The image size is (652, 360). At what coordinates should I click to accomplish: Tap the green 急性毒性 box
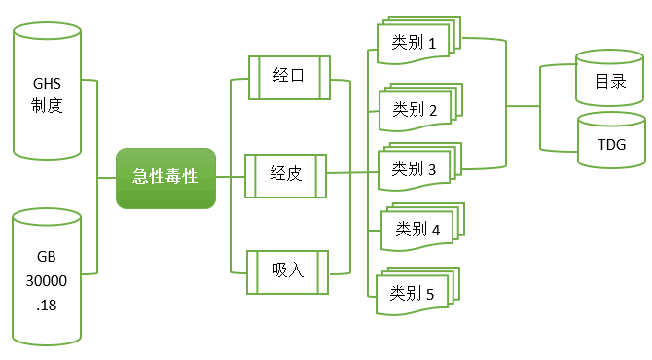click(x=164, y=177)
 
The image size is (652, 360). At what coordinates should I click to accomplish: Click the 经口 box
click(x=289, y=77)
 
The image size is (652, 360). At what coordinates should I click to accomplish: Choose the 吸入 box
click(x=288, y=270)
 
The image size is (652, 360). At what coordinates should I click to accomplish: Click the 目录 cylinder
click(x=610, y=82)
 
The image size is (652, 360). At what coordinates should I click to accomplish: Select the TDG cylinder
click(x=610, y=146)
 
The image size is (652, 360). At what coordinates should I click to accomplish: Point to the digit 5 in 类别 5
click(x=443, y=292)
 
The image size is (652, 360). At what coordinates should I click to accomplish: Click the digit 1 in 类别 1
click(x=443, y=43)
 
